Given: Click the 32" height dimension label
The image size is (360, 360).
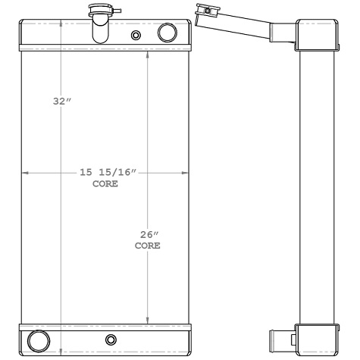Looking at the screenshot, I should click(x=61, y=100).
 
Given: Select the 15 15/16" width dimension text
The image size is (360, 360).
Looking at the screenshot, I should click(x=107, y=173).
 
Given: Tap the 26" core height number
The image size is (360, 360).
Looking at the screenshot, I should click(x=147, y=234).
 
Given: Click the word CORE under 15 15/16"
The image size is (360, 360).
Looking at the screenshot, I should click(x=105, y=184).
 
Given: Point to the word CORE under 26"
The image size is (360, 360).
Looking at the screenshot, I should click(x=147, y=246).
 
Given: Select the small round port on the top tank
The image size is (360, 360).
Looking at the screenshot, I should click(x=136, y=35).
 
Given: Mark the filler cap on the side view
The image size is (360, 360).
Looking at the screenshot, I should click(x=203, y=11).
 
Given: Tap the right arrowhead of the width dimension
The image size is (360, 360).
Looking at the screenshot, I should click(x=186, y=174).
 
